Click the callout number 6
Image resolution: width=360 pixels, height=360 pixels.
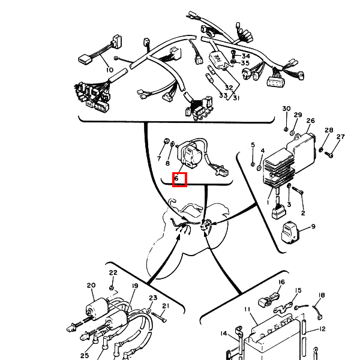pos(176,178)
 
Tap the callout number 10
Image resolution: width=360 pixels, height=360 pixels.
pos(110,70)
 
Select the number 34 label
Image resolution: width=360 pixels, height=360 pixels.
pos(245,56)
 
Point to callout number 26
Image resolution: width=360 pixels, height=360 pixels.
pos(310,121)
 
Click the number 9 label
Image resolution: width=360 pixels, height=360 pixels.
pos(313,227)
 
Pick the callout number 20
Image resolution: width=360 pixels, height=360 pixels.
pos(91,285)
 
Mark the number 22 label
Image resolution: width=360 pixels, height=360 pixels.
pos(113,272)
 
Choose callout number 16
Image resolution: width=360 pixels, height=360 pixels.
pos(282,282)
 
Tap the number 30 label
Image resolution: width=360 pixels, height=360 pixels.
pos(286,109)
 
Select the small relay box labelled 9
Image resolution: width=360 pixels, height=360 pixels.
pos(290,233)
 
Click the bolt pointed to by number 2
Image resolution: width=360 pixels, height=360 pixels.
pos(298,190)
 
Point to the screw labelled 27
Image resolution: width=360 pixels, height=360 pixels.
pos(329,155)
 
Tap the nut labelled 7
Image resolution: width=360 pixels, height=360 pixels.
pos(167,140)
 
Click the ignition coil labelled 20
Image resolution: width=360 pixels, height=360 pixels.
pos(97,309)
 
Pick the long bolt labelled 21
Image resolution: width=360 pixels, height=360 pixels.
pos(159,317)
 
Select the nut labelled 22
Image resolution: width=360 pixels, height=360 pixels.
pos(112,287)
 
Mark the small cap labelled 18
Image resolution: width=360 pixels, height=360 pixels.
pos(319,317)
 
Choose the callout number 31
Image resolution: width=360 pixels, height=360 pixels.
pos(236,98)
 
